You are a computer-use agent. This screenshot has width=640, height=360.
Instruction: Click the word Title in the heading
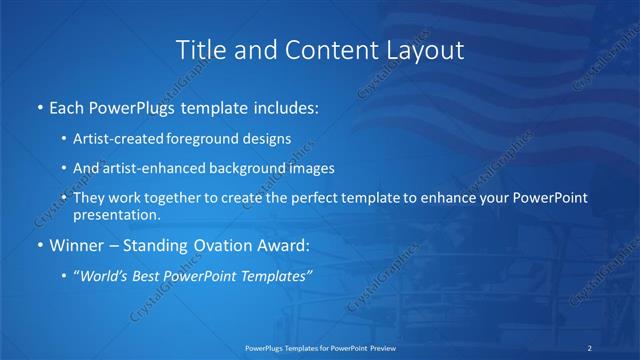pos(200,50)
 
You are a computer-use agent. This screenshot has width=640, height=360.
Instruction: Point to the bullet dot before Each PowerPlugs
pos(39,107)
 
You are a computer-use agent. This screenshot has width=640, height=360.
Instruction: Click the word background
pos(242,169)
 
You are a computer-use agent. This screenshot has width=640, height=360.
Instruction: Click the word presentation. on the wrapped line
pos(116,215)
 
